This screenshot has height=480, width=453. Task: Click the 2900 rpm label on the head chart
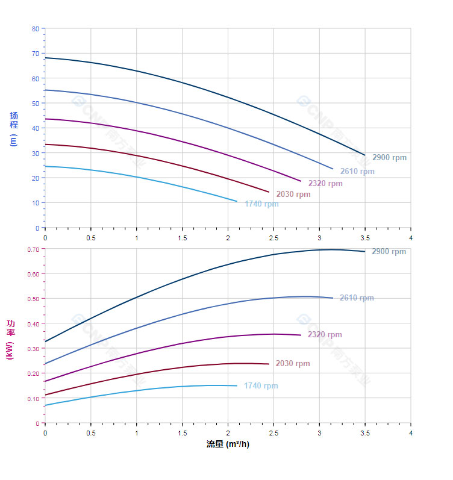389,158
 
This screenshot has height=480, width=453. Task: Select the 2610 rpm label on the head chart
357,172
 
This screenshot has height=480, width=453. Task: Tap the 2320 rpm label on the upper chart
325,184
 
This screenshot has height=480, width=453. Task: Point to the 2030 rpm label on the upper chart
293,195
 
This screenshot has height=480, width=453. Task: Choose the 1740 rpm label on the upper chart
261,204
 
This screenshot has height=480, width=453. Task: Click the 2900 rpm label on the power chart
389,252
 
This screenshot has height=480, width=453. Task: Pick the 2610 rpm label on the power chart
357,298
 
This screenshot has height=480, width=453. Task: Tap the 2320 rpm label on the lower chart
325,335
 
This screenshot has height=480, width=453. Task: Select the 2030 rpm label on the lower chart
293,364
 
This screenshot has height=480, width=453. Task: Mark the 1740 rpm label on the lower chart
261,386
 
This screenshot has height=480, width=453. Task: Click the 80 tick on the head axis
36,29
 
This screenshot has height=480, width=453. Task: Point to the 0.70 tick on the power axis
33,249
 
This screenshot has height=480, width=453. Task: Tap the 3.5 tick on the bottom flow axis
365,434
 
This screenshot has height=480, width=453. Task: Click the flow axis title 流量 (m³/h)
228,444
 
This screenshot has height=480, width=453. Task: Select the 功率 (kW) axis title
10,340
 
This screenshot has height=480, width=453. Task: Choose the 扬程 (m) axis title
13,128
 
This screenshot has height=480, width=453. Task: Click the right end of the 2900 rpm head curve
364,155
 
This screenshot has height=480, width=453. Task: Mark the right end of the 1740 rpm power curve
237,385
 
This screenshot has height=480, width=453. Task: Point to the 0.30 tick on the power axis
33,349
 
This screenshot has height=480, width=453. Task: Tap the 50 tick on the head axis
36,104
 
